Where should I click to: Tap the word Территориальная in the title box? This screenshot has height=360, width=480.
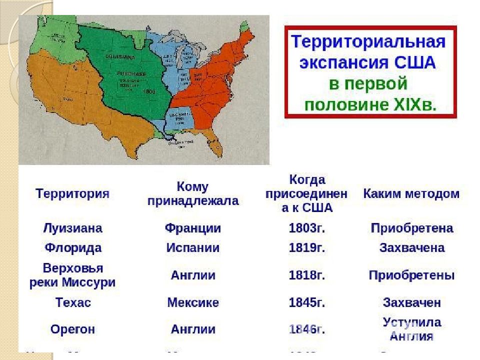pos(368,41)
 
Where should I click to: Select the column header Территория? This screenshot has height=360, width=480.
pos(72,194)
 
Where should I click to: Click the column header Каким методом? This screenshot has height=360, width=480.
pos(411,194)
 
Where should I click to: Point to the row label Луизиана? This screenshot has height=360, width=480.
pos(72,228)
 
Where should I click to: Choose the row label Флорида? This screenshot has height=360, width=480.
pos(73,248)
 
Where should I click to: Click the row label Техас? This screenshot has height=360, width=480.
pos(73,302)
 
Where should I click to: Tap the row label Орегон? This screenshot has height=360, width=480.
pos(73,329)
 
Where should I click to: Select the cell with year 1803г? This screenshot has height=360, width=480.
pos(307,228)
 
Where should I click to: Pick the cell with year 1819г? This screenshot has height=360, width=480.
pos(307,248)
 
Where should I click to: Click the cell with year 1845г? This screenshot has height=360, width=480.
pos(307,302)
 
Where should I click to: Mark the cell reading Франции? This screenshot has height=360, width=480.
pos(193,228)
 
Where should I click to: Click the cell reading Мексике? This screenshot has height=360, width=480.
pos(193,302)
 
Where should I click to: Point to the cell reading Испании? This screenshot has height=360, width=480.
pos(193,248)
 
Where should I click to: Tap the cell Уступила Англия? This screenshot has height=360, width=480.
pos(411,328)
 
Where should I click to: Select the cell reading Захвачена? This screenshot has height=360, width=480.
pos(411,248)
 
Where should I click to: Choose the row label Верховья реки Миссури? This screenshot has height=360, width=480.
pos(73,275)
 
